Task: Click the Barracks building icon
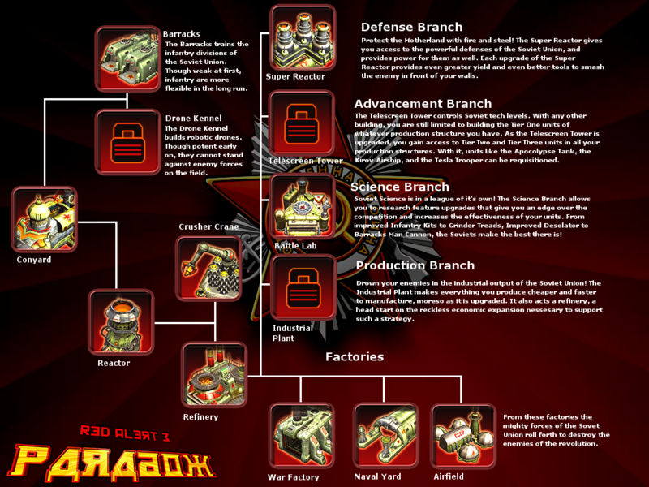coord(127,58)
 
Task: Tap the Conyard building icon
coord(45,219)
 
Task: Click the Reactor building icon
coord(121,323)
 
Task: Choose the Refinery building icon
coord(213,375)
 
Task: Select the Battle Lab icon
coord(303,206)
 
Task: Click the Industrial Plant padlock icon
coord(303,287)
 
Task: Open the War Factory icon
coord(301,437)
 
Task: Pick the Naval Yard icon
coord(385,437)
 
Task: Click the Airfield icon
coord(463,437)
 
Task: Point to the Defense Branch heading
coord(411,28)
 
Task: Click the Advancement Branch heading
coord(423,104)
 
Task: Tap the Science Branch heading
coord(399,187)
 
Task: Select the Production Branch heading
coord(414,265)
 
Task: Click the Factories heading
coord(355,357)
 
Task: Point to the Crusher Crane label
coord(208,226)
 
